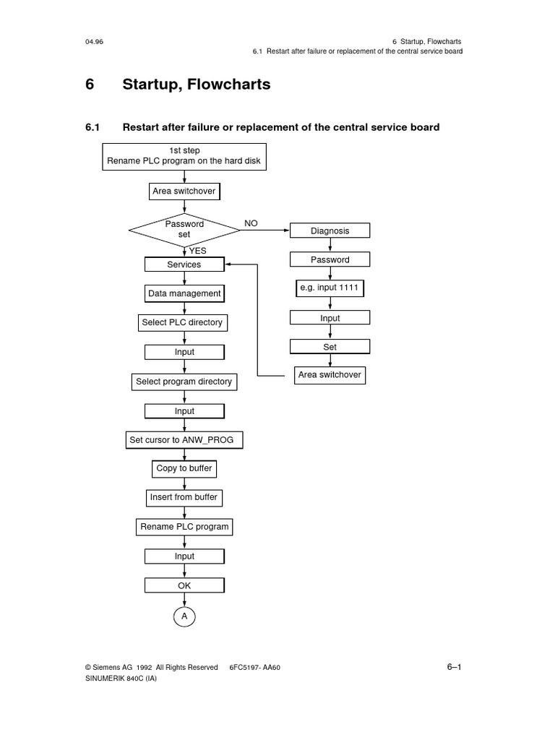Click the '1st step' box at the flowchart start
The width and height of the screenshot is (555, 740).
tap(184, 155)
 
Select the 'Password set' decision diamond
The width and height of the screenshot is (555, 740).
tap(184, 230)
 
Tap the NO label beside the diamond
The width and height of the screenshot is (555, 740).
tap(251, 223)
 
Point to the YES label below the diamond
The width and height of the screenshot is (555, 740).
tap(197, 251)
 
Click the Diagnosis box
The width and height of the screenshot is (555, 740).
tap(330, 231)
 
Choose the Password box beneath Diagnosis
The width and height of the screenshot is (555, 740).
tap(330, 260)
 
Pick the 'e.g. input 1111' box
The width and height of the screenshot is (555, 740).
tap(330, 288)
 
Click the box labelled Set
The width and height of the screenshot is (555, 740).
tap(330, 347)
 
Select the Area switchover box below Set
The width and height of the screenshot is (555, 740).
tap(330, 376)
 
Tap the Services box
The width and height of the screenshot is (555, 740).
tap(184, 265)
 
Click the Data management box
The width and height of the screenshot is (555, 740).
tap(184, 294)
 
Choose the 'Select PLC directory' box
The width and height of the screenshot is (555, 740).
tap(182, 322)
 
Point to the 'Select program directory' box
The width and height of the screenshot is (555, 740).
tap(184, 382)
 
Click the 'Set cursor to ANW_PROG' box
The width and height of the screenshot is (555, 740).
tap(184, 439)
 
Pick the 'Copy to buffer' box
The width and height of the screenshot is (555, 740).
tap(184, 468)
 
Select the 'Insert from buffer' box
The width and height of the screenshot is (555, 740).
tap(184, 498)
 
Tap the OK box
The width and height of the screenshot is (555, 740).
tap(184, 585)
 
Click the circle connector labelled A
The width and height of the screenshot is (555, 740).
tap(184, 616)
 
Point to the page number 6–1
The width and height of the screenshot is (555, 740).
tap(454, 667)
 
